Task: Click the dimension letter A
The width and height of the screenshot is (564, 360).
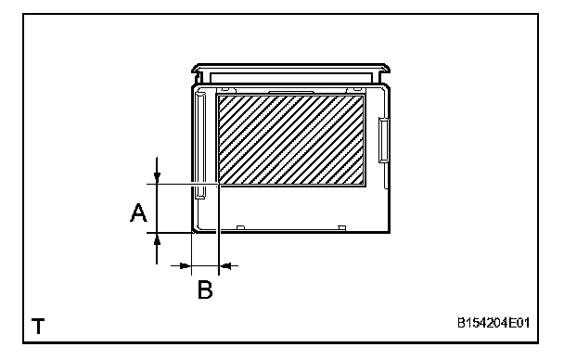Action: click(x=138, y=212)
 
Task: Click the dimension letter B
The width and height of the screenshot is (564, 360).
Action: click(x=205, y=289)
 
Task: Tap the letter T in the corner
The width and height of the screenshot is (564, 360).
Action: click(x=38, y=326)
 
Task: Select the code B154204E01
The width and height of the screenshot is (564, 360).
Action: click(x=493, y=323)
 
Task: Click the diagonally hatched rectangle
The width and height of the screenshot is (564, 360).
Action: click(x=291, y=140)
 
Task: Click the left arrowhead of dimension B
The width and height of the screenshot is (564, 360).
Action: click(x=185, y=265)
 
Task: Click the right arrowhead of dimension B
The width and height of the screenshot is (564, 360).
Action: click(x=225, y=265)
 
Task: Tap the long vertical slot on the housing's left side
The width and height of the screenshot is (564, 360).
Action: click(x=200, y=146)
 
